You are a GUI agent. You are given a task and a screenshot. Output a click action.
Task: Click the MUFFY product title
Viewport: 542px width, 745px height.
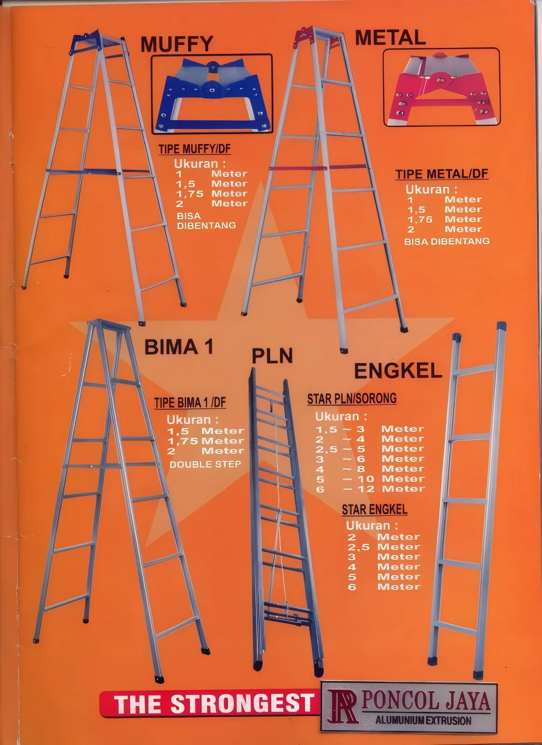pos(177,44)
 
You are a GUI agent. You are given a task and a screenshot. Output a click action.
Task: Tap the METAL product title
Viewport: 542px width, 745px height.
pos(391,37)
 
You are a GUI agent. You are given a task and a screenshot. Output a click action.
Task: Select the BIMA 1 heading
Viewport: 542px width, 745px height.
pos(179,347)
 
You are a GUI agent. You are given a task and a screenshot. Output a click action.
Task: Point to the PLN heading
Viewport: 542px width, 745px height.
pos(272,356)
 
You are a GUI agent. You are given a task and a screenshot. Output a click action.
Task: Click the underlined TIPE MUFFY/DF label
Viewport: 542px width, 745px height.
pos(194,149)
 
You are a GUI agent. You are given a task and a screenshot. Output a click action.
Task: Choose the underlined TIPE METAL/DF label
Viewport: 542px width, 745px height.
pos(442,174)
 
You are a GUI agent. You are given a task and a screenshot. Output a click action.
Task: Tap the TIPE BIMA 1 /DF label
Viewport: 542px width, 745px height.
pos(190,403)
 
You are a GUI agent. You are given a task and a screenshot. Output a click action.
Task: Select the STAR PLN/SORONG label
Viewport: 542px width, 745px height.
pos(352,399)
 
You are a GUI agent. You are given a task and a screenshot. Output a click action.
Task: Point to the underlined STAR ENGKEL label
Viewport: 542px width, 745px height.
pos(375,509)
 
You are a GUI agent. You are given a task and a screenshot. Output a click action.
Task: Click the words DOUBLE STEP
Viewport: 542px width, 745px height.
pos(205,464)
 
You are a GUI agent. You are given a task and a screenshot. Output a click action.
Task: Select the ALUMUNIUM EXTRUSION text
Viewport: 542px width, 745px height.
pos(424,720)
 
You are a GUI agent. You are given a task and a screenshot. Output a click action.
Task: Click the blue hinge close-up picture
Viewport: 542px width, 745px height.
pos(212,94)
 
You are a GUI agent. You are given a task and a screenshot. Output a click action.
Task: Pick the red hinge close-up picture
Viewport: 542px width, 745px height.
pos(441,87)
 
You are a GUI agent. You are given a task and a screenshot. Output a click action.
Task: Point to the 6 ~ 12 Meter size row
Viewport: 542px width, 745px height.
pos(370,489)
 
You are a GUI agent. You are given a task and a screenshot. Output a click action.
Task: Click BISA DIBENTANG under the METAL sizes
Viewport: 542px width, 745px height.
pos(447,241)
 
